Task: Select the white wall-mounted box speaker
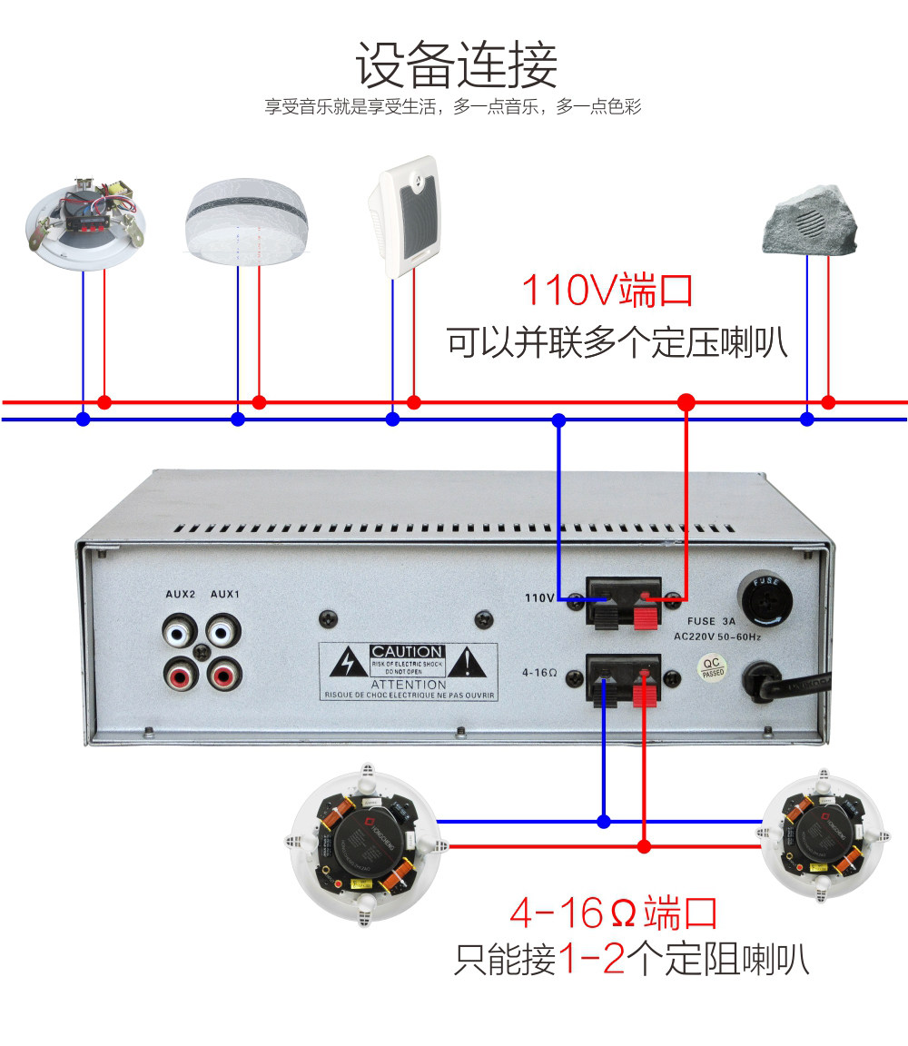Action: (405, 217)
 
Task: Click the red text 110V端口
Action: (607, 291)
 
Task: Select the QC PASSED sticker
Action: (713, 668)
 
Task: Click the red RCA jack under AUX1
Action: (223, 675)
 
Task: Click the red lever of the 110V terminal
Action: (644, 617)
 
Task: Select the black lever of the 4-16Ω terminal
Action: (602, 693)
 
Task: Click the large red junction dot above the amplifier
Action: (686, 401)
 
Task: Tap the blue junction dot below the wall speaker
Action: (392, 419)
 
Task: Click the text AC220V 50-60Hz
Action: (717, 637)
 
